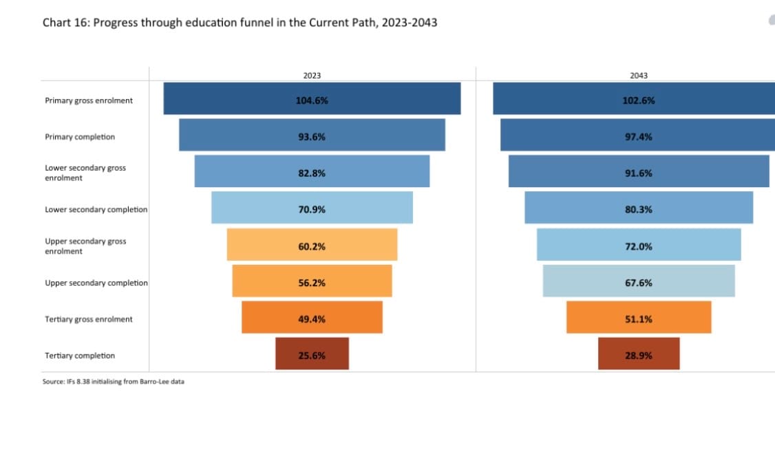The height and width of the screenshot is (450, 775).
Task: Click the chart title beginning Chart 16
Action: (240, 23)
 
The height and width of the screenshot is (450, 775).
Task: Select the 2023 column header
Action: (312, 75)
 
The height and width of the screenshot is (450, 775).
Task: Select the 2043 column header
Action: (638, 75)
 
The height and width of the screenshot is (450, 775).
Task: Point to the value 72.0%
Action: (638, 246)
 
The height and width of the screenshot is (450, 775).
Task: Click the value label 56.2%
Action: (312, 282)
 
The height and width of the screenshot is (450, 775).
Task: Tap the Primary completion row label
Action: (80, 136)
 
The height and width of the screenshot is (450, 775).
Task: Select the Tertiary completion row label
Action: (80, 355)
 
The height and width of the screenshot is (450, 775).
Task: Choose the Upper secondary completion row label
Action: (96, 282)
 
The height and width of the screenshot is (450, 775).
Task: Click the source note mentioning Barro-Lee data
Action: (113, 381)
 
